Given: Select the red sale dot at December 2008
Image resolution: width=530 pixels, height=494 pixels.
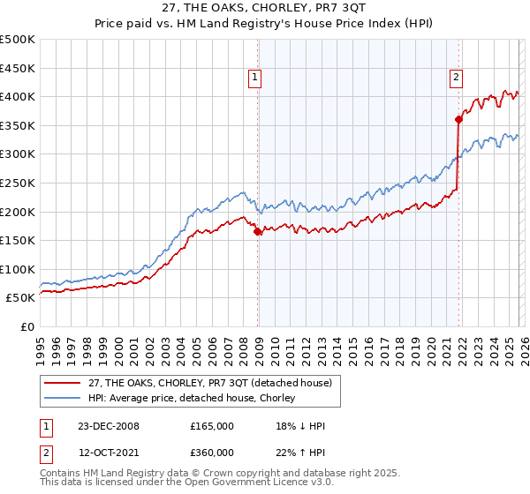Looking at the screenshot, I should pyautogui.click(x=257, y=232).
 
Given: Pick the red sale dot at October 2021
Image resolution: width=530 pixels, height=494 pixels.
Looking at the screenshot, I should pyautogui.click(x=458, y=119).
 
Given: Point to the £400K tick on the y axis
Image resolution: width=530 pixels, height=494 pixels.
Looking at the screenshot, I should pyautogui.click(x=18, y=96).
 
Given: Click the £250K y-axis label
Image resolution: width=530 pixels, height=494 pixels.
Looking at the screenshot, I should pyautogui.click(x=18, y=183).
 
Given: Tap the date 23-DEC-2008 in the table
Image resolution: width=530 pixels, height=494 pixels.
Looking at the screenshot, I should pyautogui.click(x=109, y=426).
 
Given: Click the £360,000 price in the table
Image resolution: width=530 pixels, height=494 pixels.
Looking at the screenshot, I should pyautogui.click(x=212, y=452).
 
